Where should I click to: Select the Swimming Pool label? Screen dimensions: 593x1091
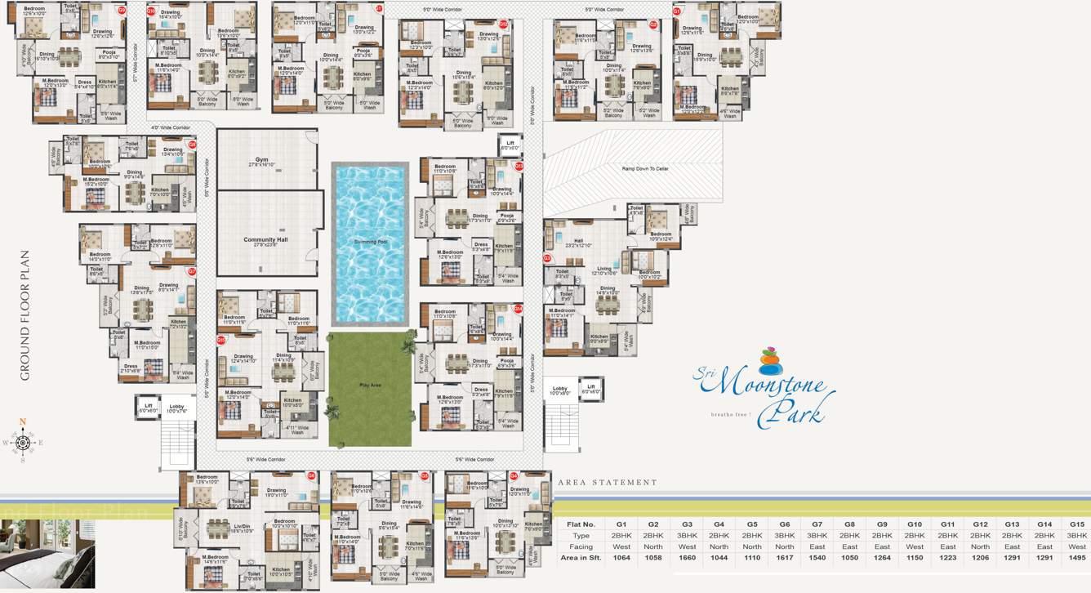370,243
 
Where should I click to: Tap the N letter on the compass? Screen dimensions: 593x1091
23,423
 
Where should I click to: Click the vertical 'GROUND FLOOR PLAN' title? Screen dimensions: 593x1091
24,314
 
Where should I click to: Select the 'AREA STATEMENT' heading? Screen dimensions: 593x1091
608,483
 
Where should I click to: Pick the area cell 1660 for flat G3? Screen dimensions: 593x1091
687,558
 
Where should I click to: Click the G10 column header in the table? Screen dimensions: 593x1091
915,524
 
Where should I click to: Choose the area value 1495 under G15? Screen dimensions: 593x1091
1076,558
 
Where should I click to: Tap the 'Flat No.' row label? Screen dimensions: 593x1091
580,524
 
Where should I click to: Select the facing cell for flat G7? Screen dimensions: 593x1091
817,546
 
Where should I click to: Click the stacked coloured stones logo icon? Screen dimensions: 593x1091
770,361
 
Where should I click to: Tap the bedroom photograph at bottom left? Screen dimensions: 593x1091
47,553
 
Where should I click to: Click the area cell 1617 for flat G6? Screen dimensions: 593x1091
784,558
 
